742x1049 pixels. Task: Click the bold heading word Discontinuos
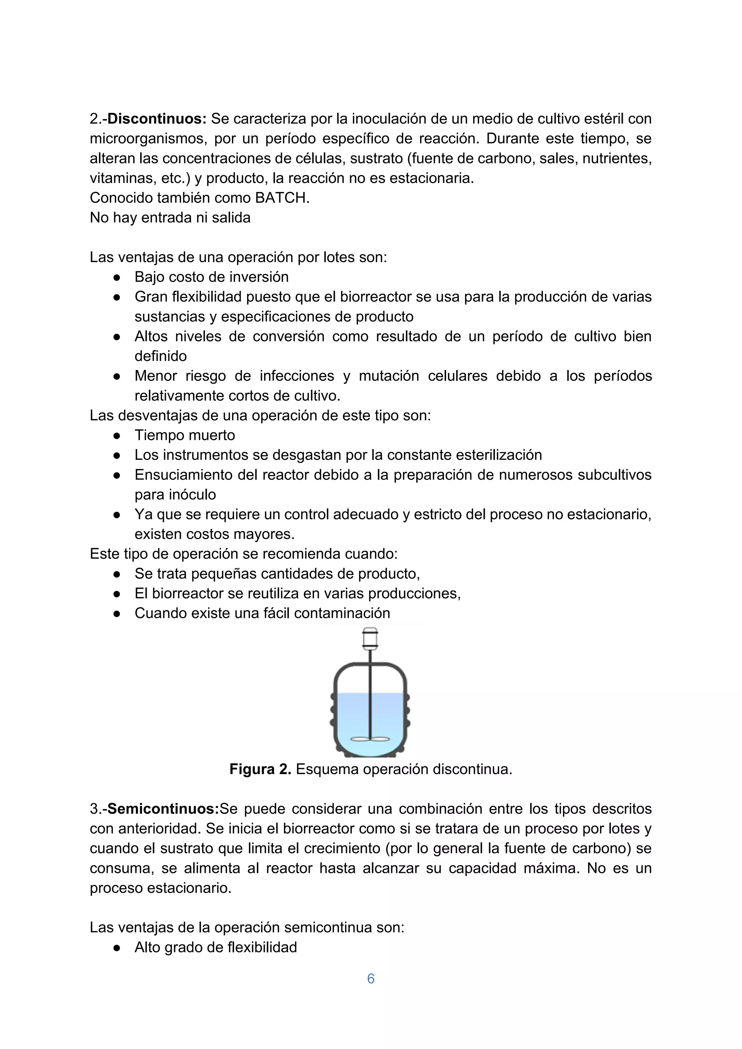pos(157,119)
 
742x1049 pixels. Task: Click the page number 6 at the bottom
pos(371,979)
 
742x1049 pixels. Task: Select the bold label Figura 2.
pos(260,769)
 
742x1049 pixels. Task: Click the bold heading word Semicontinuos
pos(163,809)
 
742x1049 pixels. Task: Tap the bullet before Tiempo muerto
pos(117,436)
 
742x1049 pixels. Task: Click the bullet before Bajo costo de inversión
pos(117,277)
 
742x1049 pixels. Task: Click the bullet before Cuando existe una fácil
pos(117,613)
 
